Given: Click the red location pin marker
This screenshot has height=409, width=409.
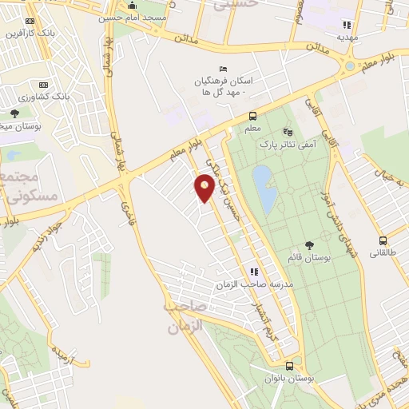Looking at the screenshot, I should click(204, 189).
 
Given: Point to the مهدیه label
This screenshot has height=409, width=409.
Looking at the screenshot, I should click(346, 37).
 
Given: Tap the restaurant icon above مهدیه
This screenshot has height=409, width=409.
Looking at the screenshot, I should click(346, 25).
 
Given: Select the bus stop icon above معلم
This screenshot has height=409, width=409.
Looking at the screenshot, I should click(252, 115).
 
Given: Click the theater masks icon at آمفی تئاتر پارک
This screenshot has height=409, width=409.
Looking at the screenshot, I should click(288, 132).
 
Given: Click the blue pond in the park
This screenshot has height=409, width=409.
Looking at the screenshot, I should click(264, 189).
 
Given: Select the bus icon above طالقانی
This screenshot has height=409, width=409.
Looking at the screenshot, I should click(383, 240).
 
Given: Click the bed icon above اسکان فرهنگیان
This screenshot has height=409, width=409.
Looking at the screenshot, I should click(223, 69).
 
